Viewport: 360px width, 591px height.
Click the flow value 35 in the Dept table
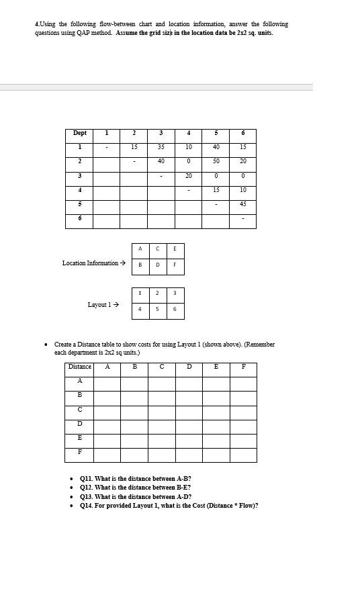coord(161,147)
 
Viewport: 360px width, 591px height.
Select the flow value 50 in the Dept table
coord(216,161)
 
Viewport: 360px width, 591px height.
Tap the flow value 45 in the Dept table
coord(242,204)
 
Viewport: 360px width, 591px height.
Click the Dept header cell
coord(79,133)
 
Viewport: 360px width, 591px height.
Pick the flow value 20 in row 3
coord(189,176)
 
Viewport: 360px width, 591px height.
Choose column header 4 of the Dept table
coord(189,133)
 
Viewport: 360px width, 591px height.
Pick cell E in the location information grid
coord(175,249)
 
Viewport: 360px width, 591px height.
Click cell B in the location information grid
coord(140,265)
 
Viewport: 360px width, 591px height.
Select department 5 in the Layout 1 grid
coord(157,310)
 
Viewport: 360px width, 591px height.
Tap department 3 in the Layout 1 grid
coord(175,293)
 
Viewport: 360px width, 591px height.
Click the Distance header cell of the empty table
coord(79,367)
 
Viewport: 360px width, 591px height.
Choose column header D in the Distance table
coord(189,367)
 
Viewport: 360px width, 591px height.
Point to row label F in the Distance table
coord(80,451)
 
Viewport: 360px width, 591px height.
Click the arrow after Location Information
coord(123,263)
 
